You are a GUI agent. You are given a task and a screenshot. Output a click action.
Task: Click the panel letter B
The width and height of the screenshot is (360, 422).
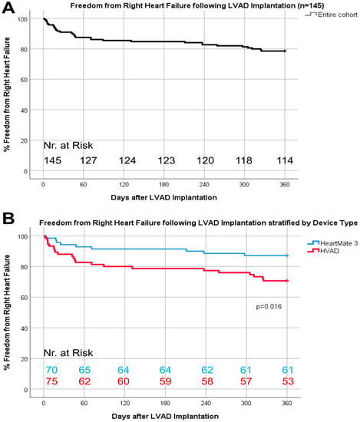8,218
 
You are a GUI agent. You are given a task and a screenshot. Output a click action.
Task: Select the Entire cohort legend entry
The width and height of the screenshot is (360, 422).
331,15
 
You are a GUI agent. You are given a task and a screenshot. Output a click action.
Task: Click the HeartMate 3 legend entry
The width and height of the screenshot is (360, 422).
332,243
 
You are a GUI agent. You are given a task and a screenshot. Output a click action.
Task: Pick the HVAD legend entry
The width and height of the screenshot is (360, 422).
323,251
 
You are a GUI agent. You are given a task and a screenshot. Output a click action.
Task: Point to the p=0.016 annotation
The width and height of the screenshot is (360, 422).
269,307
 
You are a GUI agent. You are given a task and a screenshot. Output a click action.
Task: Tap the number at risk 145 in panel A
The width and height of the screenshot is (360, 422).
52,160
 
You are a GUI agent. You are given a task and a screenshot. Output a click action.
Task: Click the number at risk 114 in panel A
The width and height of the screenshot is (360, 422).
285,160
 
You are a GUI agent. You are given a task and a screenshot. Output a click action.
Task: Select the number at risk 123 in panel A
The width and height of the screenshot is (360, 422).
166,160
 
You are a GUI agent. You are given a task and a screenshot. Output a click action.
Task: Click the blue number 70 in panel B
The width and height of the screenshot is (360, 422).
51,370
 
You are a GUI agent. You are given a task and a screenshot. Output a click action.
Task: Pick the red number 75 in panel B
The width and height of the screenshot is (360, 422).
51,381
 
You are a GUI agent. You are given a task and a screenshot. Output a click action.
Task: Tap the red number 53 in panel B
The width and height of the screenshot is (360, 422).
288,381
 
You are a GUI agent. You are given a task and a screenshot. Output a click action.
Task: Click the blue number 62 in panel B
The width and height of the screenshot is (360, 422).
207,370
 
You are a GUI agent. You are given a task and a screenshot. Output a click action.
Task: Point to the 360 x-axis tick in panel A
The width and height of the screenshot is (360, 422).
285,184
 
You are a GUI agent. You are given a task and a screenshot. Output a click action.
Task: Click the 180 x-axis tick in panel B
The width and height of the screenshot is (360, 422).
165,403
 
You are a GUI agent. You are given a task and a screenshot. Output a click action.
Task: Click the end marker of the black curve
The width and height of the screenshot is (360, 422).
285,51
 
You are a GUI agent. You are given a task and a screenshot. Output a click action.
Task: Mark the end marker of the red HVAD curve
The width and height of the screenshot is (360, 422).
287,281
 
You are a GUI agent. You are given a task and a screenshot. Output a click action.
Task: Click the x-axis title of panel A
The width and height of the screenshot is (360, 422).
163,197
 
